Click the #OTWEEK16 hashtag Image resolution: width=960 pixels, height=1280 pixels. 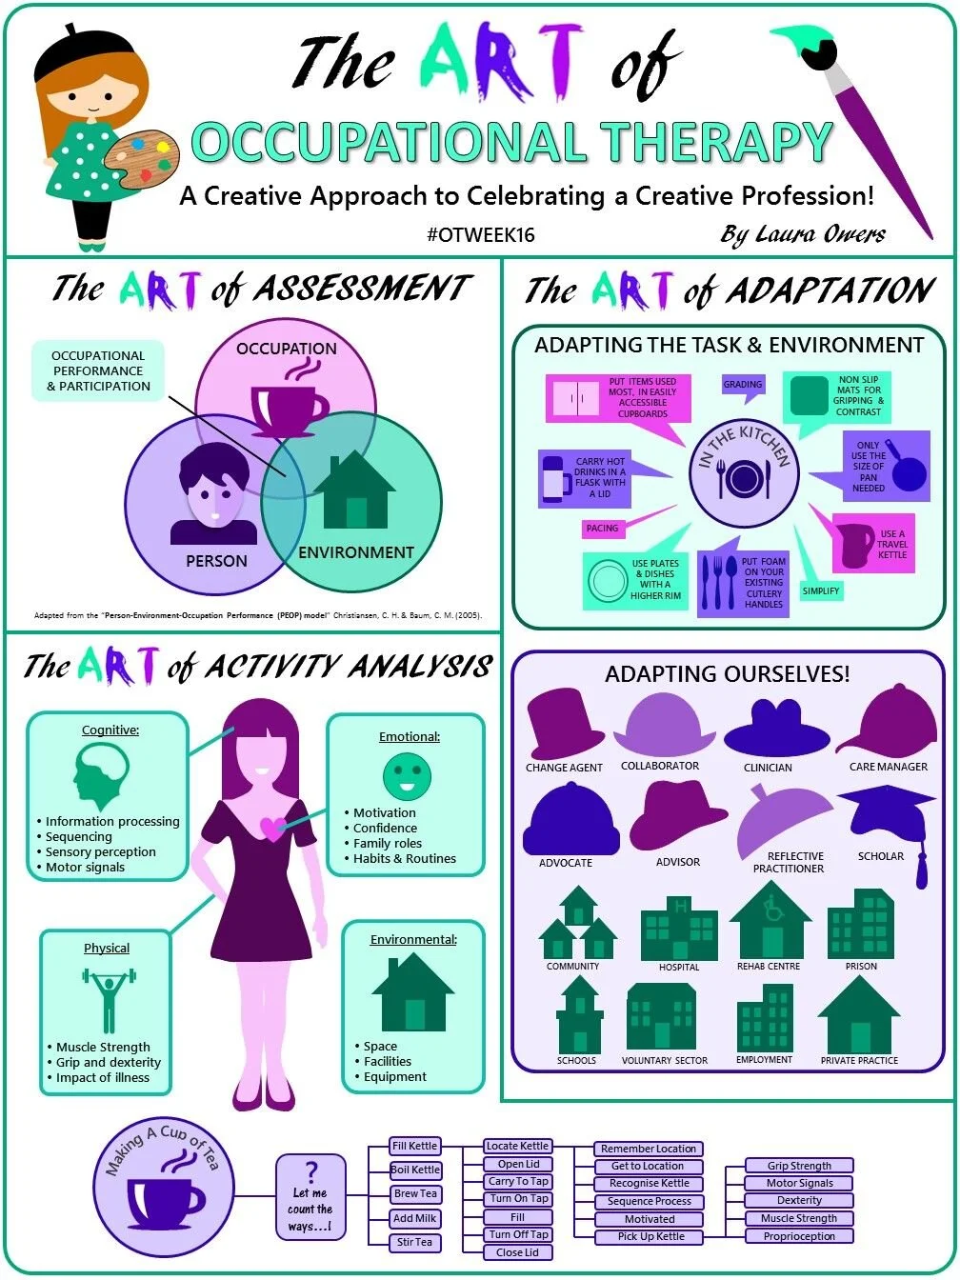tap(480, 235)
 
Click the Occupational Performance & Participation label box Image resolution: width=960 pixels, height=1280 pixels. tap(98, 371)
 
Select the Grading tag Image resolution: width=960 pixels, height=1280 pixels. tap(743, 385)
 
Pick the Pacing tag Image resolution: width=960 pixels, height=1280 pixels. tap(602, 529)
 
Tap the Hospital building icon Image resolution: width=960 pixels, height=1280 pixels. tap(678, 928)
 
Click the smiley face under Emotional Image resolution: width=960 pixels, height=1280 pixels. tap(407, 775)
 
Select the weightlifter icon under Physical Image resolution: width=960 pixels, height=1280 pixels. tap(109, 1000)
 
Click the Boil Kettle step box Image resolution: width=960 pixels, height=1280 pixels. tap(415, 1170)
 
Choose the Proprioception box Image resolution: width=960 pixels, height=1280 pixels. tap(799, 1236)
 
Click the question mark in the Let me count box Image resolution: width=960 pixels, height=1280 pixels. tap(310, 1172)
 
